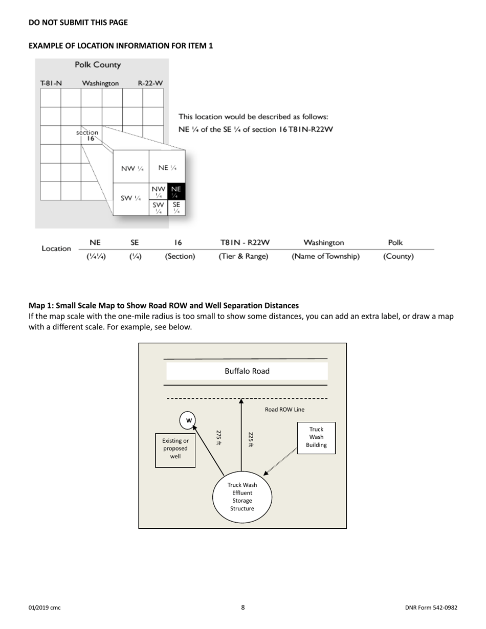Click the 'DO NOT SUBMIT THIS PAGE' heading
click(78, 23)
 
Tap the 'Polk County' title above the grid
click(98, 65)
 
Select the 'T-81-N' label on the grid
click(51, 83)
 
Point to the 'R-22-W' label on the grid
click(150, 83)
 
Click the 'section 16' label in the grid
click(87, 135)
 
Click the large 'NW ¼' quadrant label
click(131, 169)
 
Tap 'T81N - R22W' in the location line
click(245, 242)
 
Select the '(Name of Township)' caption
click(325, 256)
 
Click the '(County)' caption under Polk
click(398, 256)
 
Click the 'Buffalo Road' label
click(247, 371)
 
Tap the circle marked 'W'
click(189, 420)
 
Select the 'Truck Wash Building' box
click(316, 438)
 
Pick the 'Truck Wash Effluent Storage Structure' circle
click(242, 497)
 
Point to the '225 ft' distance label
click(251, 439)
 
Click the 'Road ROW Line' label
click(284, 410)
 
